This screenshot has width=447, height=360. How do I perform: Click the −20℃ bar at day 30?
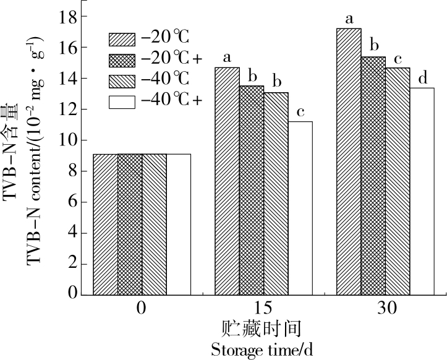click(348, 161)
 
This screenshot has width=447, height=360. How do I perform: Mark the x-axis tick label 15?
click(263, 308)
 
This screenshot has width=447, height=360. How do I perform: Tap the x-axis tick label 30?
click(385, 308)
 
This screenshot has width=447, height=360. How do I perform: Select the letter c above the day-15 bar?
click(300, 113)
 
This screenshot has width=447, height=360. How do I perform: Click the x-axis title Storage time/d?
click(262, 350)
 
